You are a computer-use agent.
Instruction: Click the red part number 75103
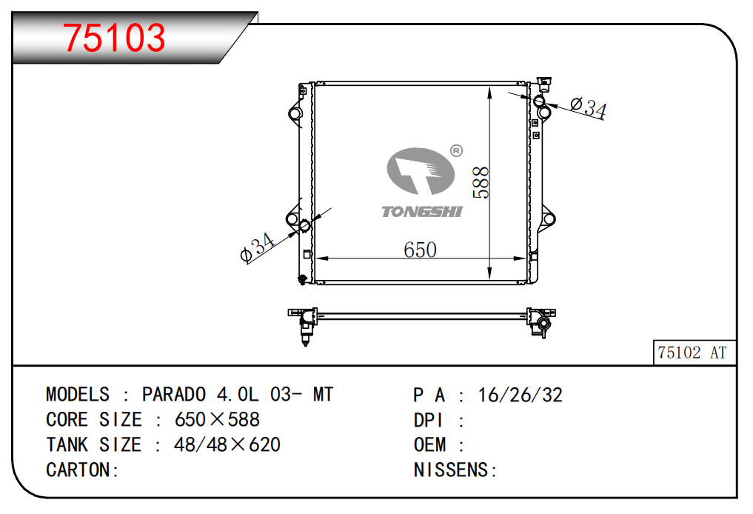[x=114, y=38]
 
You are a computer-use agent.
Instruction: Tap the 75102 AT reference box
[x=695, y=353]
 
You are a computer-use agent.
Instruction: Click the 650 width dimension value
[x=421, y=250]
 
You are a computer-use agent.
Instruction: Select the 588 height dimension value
[x=481, y=182]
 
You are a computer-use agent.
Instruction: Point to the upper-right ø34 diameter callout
[x=589, y=107]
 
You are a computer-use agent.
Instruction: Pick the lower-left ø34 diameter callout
[x=258, y=248]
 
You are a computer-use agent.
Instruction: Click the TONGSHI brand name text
[x=422, y=212]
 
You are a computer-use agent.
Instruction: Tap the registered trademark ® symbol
[x=456, y=151]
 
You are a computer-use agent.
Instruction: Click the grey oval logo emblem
[x=421, y=171]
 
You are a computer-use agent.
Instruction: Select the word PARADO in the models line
[x=174, y=394]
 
